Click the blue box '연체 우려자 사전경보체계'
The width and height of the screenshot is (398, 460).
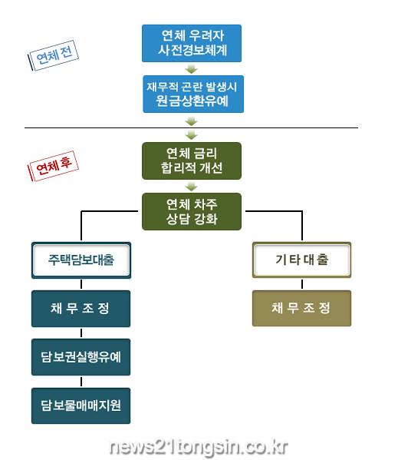point(192,44)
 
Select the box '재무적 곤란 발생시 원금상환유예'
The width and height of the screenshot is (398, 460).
point(193,94)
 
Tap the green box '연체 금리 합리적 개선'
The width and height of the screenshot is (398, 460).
point(192,161)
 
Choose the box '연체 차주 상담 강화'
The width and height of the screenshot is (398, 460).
point(192,211)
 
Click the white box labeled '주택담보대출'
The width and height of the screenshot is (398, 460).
point(81,260)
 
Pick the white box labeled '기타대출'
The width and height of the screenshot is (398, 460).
point(301,260)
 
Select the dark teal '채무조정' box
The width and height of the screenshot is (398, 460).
point(81,309)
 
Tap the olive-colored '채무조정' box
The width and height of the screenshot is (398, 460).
point(301,308)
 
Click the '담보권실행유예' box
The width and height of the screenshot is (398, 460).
point(81,357)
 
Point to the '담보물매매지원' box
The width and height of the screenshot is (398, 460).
point(81,405)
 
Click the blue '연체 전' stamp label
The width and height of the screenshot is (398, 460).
point(54,55)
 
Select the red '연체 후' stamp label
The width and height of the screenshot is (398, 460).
point(53,166)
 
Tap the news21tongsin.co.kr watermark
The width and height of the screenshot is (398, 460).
point(199,447)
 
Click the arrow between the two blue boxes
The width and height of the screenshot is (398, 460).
point(192,69)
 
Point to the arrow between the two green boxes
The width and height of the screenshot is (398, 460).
point(192,187)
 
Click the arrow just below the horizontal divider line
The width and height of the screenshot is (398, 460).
point(192,135)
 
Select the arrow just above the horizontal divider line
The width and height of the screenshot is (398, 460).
point(192,121)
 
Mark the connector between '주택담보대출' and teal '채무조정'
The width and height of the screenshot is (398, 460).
point(81,284)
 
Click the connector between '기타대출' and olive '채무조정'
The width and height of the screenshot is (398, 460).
point(302,284)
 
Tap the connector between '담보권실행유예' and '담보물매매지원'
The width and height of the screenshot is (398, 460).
point(81,382)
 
